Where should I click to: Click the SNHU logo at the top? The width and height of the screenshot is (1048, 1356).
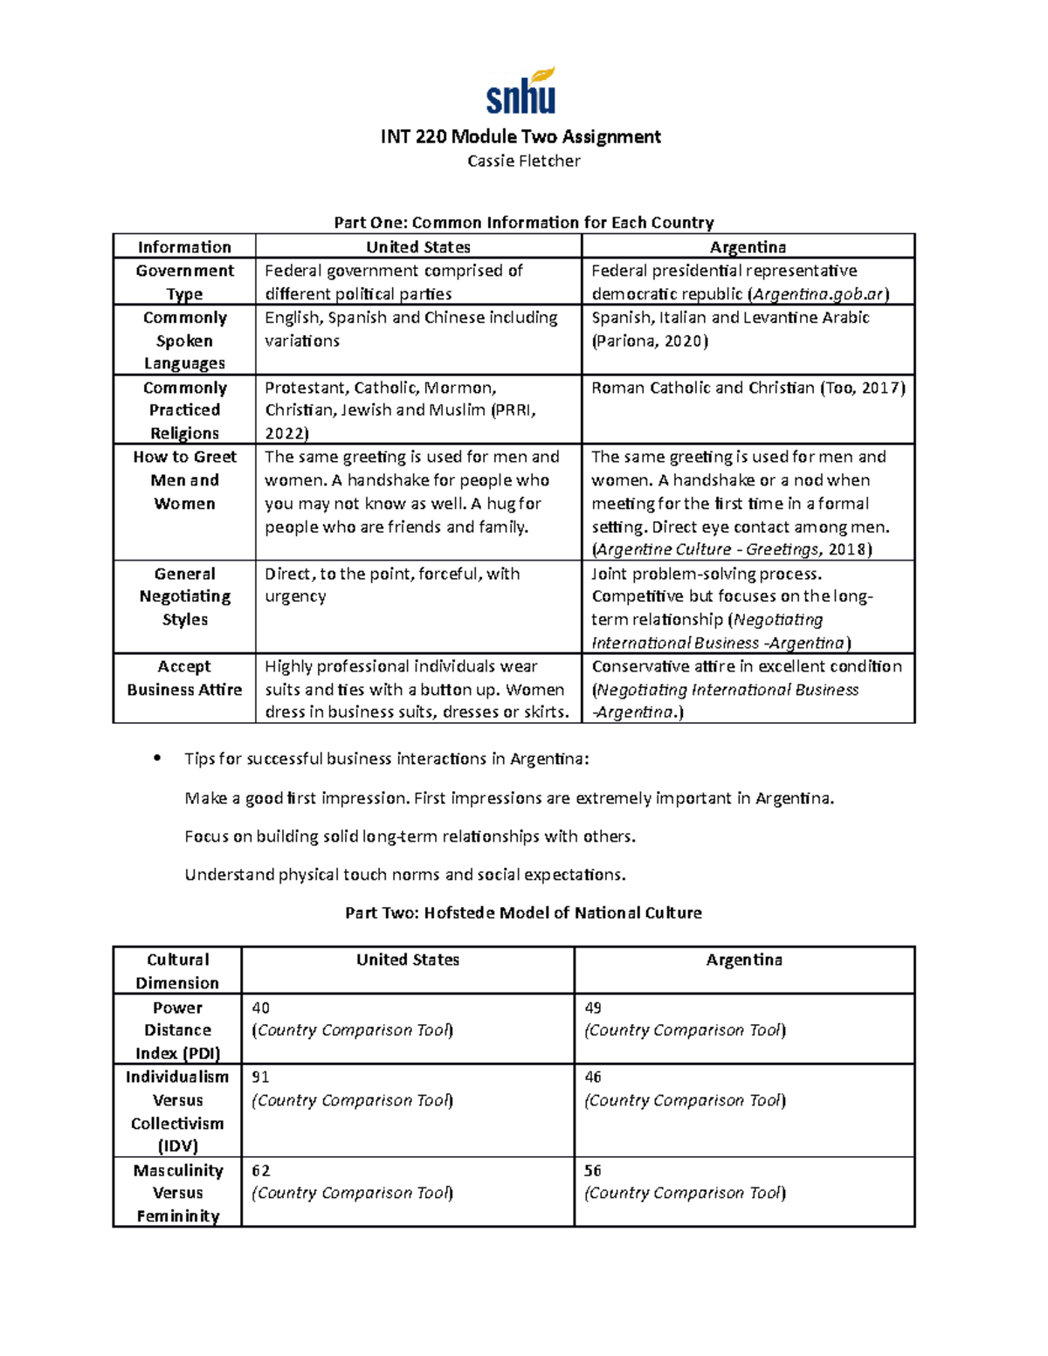point(521,93)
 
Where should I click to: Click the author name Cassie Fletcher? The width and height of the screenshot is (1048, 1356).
point(523,161)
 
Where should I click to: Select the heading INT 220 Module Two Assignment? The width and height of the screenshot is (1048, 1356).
point(521,136)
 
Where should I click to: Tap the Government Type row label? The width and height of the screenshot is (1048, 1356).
point(184,282)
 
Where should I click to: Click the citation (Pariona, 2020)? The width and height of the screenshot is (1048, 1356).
point(650,341)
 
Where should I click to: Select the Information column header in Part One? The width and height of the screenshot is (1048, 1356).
point(184,247)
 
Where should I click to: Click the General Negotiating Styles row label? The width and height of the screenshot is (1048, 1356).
point(184,596)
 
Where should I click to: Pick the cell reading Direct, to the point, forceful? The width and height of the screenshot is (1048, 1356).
point(392,585)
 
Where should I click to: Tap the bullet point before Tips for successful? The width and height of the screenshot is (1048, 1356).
point(157,758)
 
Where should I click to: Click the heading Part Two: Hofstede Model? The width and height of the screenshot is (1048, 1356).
point(523,912)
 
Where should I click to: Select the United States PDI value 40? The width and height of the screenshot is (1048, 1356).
point(260,1008)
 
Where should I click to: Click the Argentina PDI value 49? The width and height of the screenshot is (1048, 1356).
point(592,1008)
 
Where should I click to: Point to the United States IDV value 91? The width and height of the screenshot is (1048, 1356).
point(260,1077)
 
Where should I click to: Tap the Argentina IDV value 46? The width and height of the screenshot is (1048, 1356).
point(592,1077)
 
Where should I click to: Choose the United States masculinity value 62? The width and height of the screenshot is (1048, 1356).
point(260,1170)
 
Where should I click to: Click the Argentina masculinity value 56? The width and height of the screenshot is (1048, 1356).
point(592,1170)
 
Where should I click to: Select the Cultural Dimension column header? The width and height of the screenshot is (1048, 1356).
point(177,971)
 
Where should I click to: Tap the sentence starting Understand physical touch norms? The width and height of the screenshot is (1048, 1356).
point(405,875)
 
